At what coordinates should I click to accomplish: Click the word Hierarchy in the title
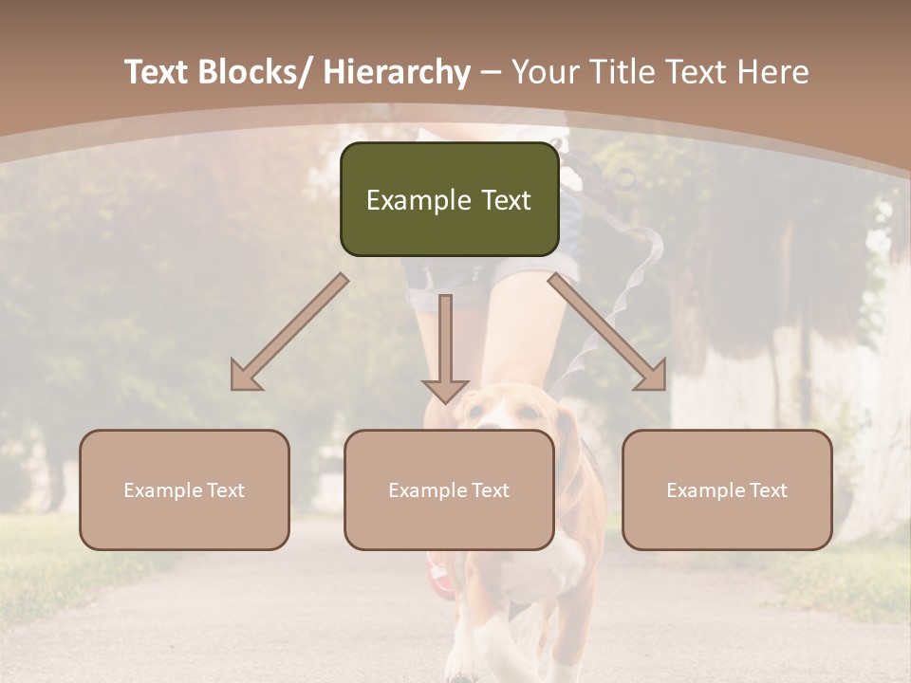point(397,73)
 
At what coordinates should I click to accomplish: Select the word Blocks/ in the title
point(254,73)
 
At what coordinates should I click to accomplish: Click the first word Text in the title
point(158,73)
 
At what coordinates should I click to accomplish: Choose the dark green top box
point(449,199)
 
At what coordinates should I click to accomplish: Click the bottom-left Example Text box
point(184,490)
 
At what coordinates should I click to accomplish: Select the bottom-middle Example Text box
point(449,490)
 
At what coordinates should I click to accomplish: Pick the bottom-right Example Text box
point(727,490)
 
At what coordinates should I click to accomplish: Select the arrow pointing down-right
point(607,332)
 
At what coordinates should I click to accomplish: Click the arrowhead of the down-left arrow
point(243,378)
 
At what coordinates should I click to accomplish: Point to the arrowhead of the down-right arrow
point(654,378)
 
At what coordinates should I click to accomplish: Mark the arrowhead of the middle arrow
point(445,390)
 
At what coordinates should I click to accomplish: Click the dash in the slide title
point(491,73)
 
